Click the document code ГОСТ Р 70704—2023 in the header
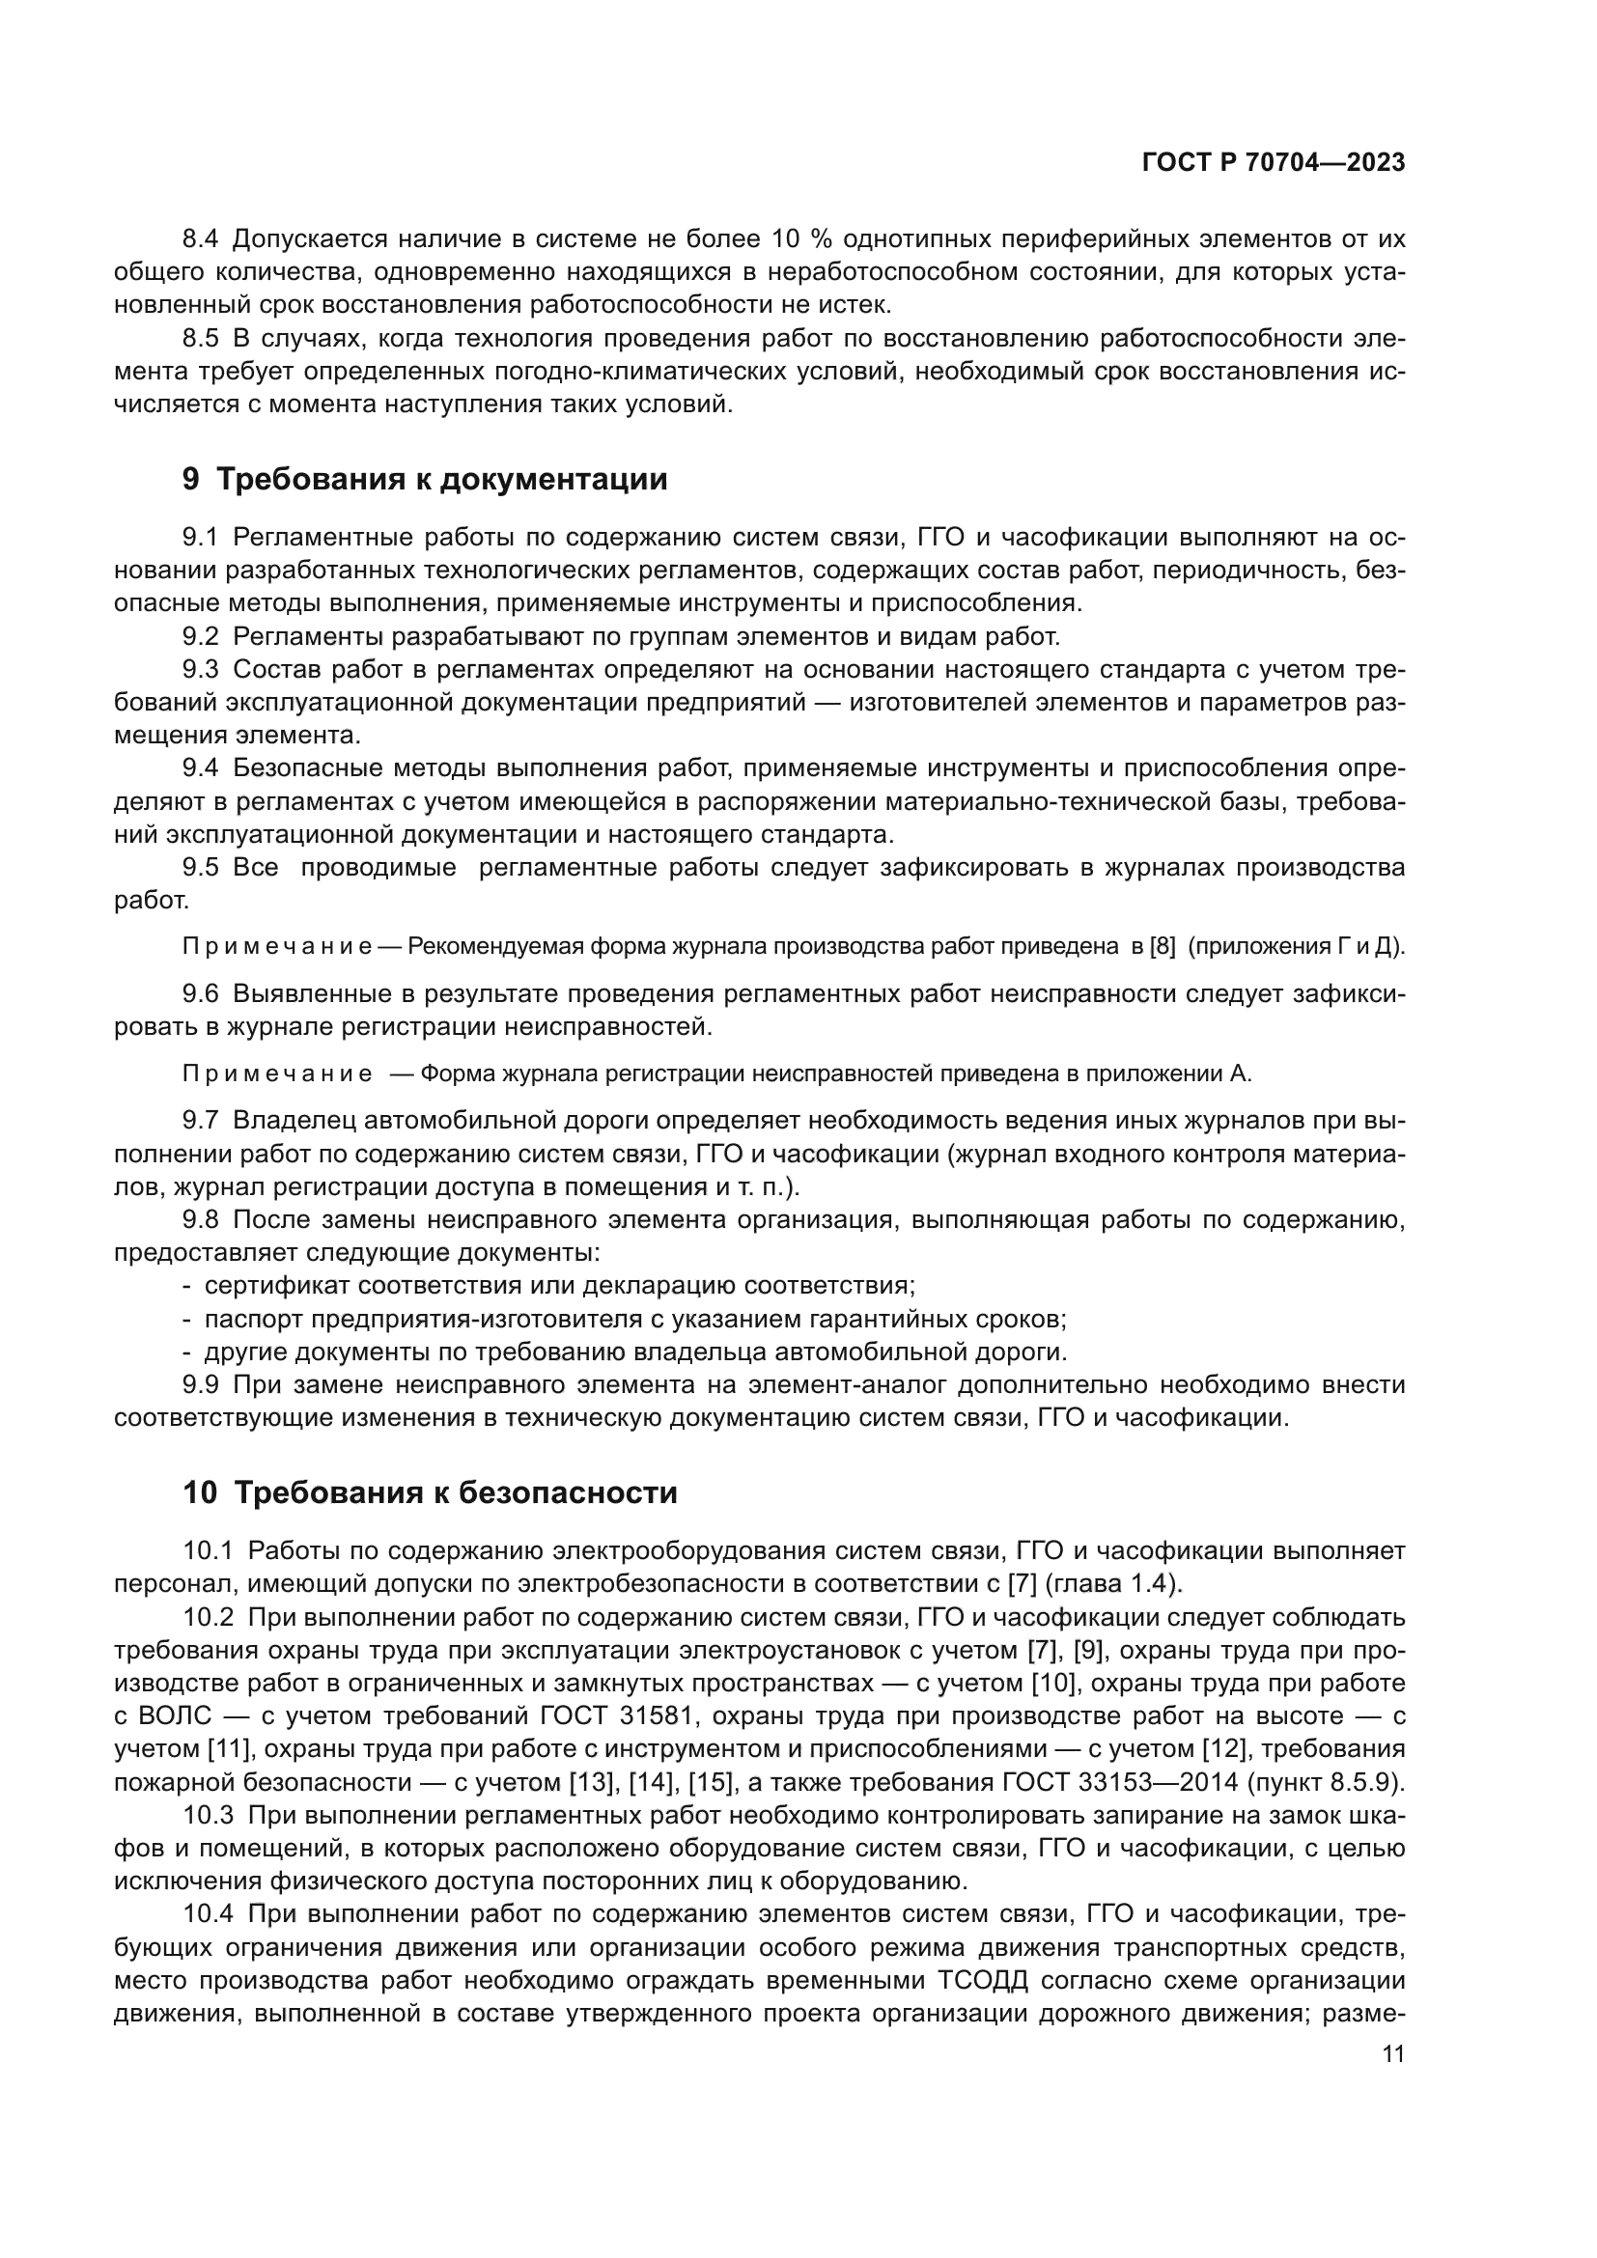tap(1273, 163)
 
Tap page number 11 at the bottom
tap(1392, 2053)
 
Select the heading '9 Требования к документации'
tap(425, 479)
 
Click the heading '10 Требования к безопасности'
tap(430, 1492)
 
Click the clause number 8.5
tap(201, 339)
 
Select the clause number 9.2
tap(201, 636)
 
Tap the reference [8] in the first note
tap(1163, 946)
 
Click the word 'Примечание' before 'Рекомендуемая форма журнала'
tap(276, 946)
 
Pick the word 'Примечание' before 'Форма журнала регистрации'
tap(276, 1073)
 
